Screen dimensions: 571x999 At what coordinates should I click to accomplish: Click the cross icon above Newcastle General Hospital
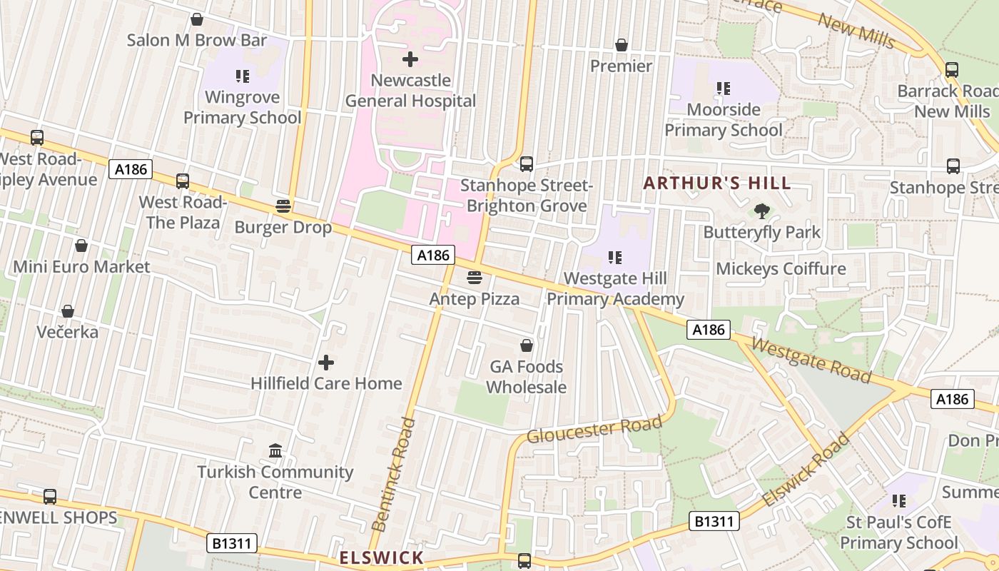click(410, 59)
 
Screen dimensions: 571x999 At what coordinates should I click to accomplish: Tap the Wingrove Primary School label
click(242, 107)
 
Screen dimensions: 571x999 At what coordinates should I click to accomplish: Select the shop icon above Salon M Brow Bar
click(196, 19)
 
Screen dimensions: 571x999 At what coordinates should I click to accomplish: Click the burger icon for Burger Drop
click(283, 207)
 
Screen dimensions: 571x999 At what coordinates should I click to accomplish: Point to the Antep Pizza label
click(474, 298)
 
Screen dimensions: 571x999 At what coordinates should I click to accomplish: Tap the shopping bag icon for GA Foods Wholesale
click(527, 345)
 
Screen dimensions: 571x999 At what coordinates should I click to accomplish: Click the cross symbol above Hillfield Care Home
click(326, 363)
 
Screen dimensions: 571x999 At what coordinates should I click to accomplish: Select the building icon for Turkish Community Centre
click(275, 451)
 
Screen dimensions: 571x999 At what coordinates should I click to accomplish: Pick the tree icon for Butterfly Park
click(762, 211)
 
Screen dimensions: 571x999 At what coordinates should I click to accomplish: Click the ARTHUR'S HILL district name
click(717, 183)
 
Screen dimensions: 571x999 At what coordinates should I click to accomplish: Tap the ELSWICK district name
click(381, 557)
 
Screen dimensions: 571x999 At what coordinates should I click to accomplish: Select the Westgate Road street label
click(811, 360)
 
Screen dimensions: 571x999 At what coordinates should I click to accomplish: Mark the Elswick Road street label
click(806, 469)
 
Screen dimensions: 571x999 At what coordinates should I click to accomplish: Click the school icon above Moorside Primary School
click(724, 89)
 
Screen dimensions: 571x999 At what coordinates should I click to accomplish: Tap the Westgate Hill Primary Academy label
click(615, 288)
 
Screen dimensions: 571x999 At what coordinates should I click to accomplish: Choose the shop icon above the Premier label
click(622, 45)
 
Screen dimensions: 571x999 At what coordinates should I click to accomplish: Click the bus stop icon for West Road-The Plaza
click(183, 181)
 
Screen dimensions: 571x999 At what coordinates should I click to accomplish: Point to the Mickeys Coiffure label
click(781, 269)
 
